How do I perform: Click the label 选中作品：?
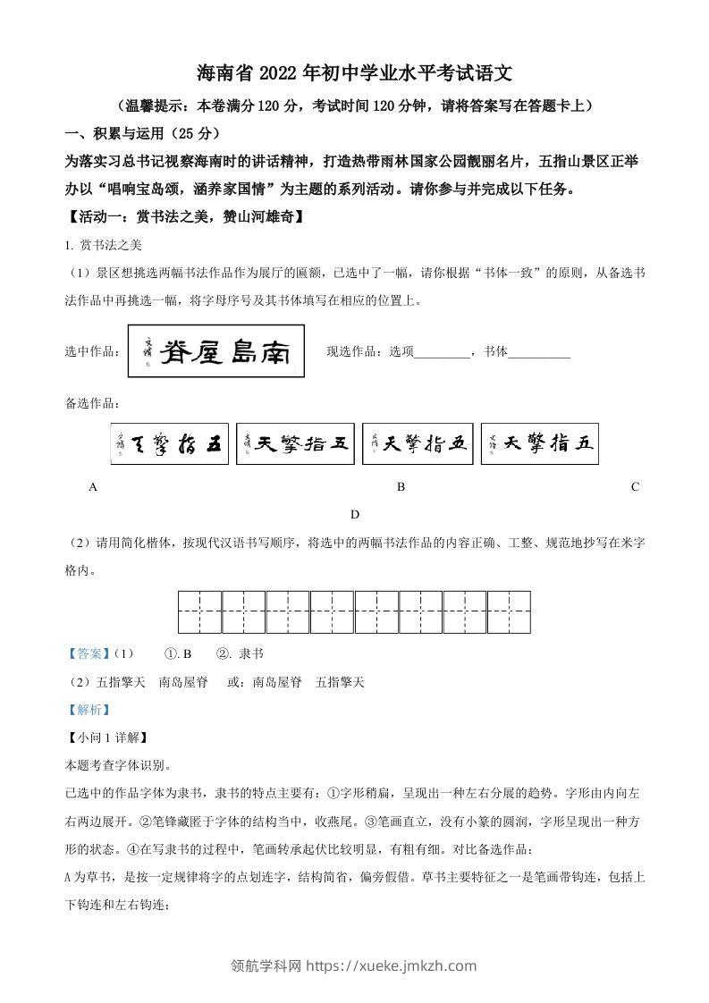pyautogui.click(x=93, y=352)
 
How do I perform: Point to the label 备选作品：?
pyautogui.click(x=93, y=404)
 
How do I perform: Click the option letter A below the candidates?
pyautogui.click(x=93, y=487)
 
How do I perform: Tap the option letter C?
pyautogui.click(x=635, y=487)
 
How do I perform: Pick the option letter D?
pyautogui.click(x=355, y=514)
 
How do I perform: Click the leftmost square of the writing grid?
pyautogui.click(x=199, y=612)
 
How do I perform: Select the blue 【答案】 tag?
pyautogui.click(x=89, y=653)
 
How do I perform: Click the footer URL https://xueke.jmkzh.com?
pyautogui.click(x=392, y=965)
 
